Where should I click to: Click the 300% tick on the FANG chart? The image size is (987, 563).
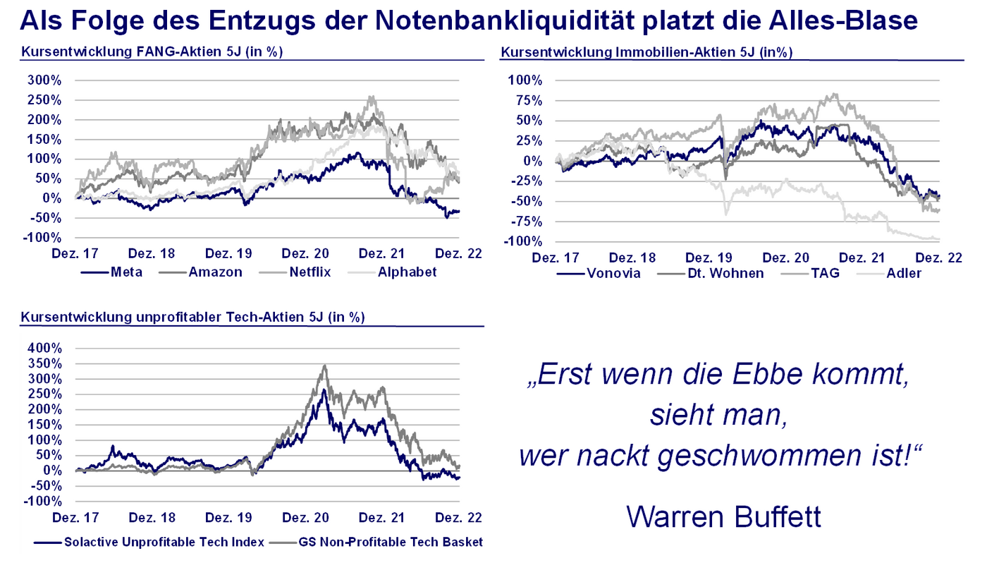[44, 80]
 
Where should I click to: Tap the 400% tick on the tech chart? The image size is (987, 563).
[44, 349]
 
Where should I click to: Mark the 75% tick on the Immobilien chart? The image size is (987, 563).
[526, 100]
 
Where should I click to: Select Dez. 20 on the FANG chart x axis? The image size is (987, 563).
[305, 254]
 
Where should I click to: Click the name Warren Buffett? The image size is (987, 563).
[723, 516]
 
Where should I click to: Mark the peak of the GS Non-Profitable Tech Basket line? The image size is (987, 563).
[324, 365]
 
